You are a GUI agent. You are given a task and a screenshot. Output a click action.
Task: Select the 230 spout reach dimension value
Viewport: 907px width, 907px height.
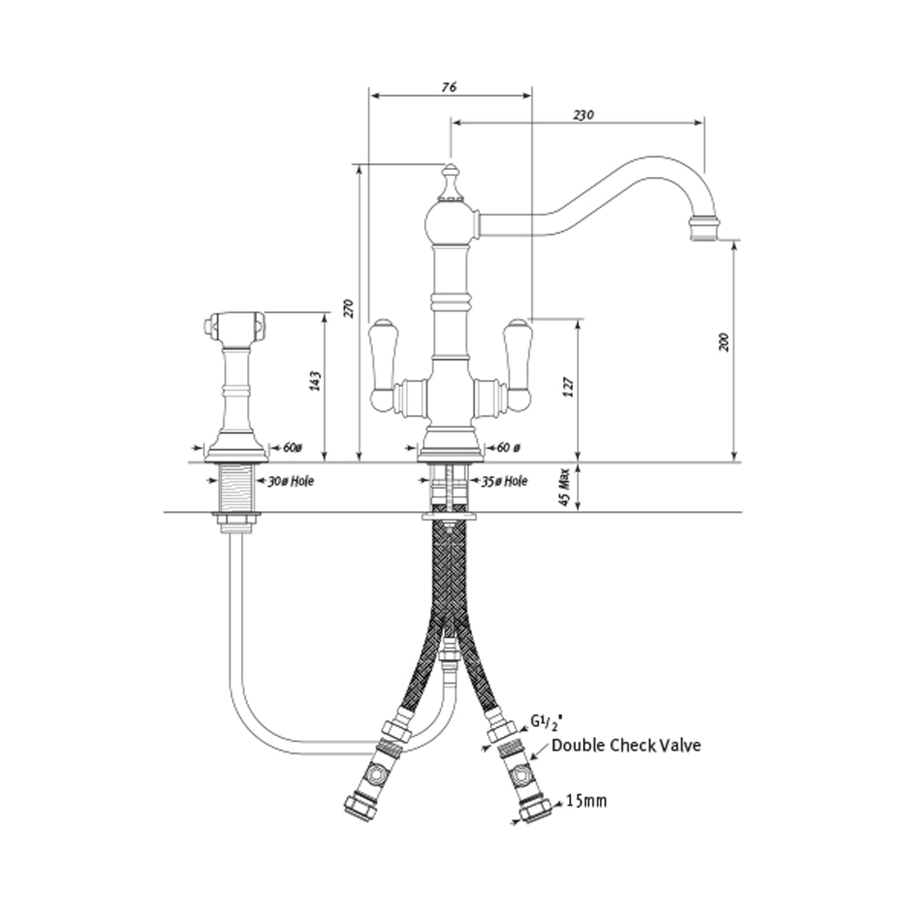pyautogui.click(x=583, y=114)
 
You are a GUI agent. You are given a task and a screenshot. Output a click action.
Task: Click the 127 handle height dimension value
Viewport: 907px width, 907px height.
pyautogui.click(x=570, y=388)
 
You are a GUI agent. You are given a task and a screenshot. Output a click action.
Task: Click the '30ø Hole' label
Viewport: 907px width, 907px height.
pyautogui.click(x=291, y=480)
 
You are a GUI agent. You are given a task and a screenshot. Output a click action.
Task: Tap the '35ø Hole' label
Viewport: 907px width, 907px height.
pyautogui.click(x=504, y=480)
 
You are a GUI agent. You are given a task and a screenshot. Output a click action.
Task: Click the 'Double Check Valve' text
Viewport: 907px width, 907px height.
pyautogui.click(x=626, y=746)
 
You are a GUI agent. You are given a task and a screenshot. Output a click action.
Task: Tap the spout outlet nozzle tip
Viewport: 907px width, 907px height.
pyautogui.click(x=704, y=228)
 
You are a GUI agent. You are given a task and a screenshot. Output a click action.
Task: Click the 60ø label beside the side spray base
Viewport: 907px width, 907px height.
pyautogui.click(x=293, y=447)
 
